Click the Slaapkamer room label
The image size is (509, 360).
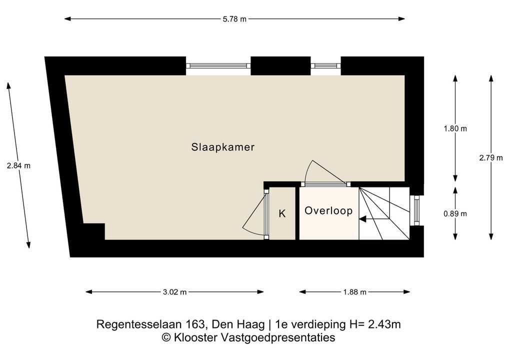(x=222, y=147)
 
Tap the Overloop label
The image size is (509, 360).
(x=328, y=210)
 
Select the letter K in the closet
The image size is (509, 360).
(x=282, y=213)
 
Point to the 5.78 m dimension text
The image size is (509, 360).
(x=234, y=19)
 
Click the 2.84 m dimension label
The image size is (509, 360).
(x=18, y=165)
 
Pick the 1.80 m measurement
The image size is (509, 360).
(x=455, y=128)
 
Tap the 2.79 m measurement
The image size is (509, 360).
(x=491, y=158)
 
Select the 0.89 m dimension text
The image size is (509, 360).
(x=455, y=213)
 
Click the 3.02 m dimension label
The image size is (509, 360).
(x=174, y=292)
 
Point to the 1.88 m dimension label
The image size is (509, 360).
(x=354, y=292)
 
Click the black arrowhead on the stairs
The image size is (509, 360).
(x=362, y=219)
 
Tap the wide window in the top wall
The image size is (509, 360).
(x=218, y=65)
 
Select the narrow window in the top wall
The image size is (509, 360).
(x=325, y=65)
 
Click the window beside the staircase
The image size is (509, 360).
(x=416, y=210)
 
